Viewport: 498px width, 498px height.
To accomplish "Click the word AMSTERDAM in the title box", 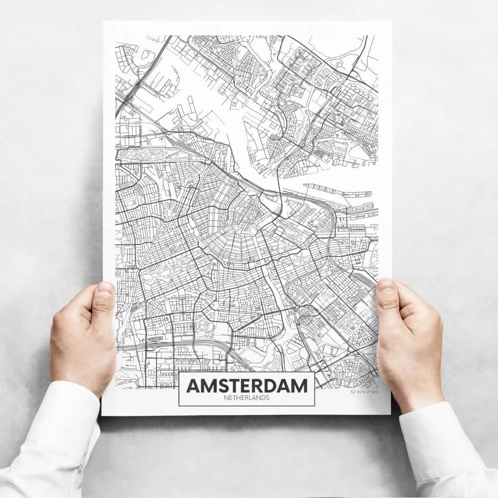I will click(247, 385).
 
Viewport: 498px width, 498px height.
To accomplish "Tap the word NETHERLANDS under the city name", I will click(247, 398).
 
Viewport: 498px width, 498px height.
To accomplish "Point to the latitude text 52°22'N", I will click(358, 392).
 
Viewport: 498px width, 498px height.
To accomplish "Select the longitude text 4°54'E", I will click(372, 392).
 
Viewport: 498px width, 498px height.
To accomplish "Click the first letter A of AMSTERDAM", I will click(192, 385).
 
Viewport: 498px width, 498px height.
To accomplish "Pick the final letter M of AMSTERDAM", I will click(299, 385).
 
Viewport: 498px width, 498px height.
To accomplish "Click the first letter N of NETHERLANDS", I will click(226, 398).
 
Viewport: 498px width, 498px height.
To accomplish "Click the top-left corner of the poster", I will click(104, 22).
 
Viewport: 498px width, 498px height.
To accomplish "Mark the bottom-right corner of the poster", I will click(390, 414).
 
